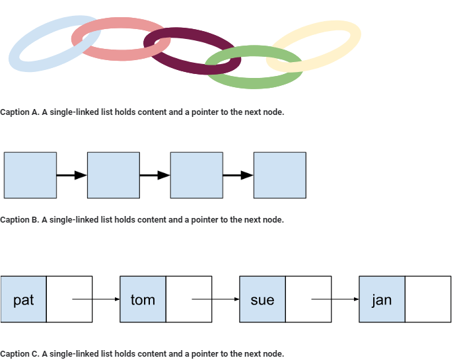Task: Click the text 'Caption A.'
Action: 20,112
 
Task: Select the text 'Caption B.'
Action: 20,220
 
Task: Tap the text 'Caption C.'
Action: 20,354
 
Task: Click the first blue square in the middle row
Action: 30,175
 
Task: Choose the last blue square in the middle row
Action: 280,175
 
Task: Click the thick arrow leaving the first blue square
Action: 71,175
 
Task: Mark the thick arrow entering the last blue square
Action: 238,175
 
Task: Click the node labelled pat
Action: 24,299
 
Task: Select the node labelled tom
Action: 143,299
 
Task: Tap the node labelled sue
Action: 262,299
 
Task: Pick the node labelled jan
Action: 382,299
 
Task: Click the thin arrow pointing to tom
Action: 96,299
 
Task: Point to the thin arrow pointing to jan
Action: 335,299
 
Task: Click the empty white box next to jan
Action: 428,299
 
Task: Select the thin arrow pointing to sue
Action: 215,299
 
